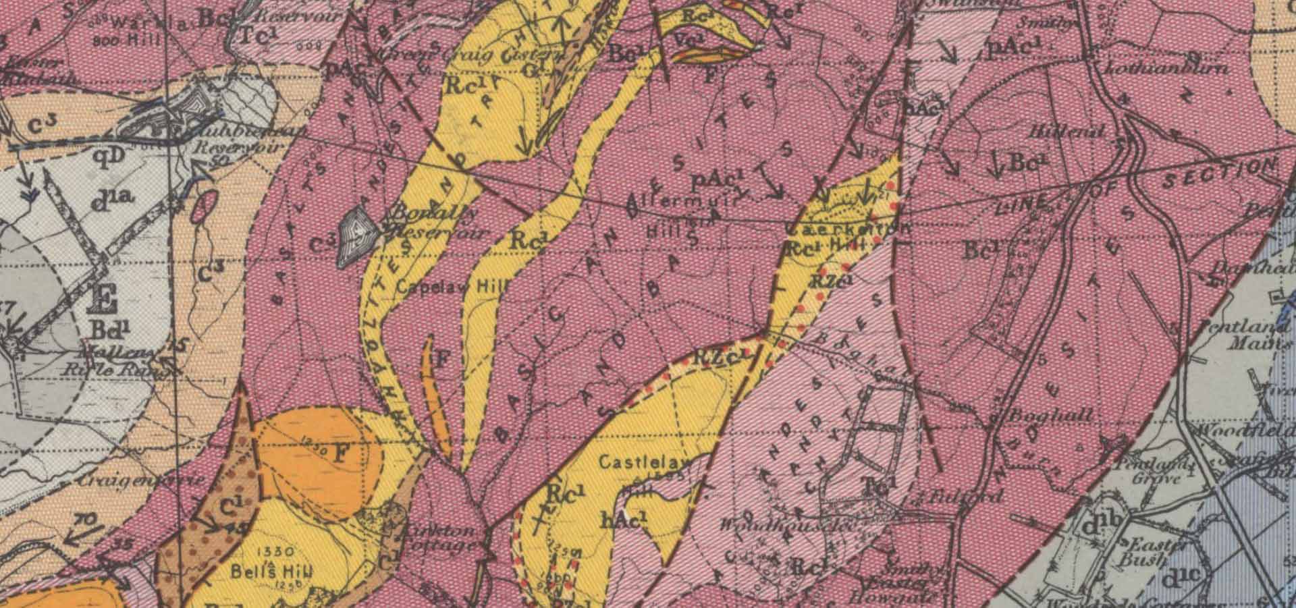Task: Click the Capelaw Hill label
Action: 450,287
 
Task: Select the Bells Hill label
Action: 272,571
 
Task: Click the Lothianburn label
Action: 1165,68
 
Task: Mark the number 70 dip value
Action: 84,520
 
